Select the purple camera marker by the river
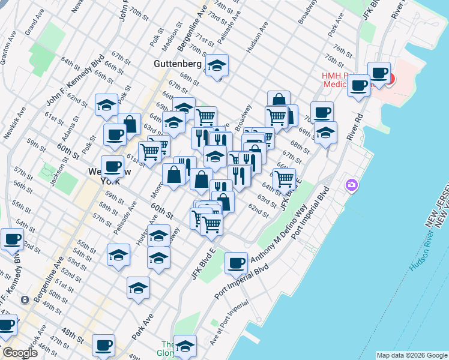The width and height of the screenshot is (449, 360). tap(351, 185)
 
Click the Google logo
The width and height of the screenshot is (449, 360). tap(19, 353)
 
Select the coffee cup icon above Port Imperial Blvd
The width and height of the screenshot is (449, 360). tap(236, 262)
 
